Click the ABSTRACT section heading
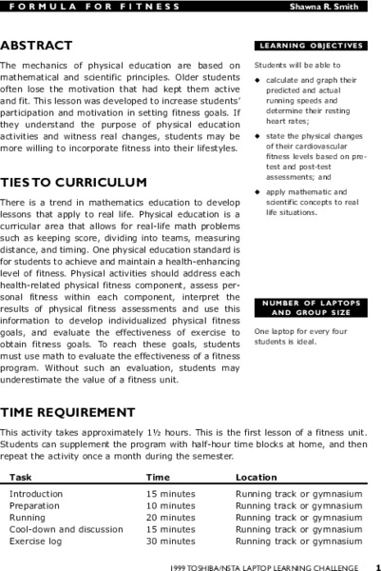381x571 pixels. (36, 46)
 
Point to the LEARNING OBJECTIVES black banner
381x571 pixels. (311, 45)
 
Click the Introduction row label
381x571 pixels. (36, 495)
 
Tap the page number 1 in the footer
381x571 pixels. (377, 565)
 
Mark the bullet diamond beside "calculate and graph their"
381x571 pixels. (257, 80)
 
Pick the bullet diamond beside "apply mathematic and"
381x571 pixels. (257, 193)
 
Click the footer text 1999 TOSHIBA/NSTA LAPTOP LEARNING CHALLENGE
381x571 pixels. (264, 565)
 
